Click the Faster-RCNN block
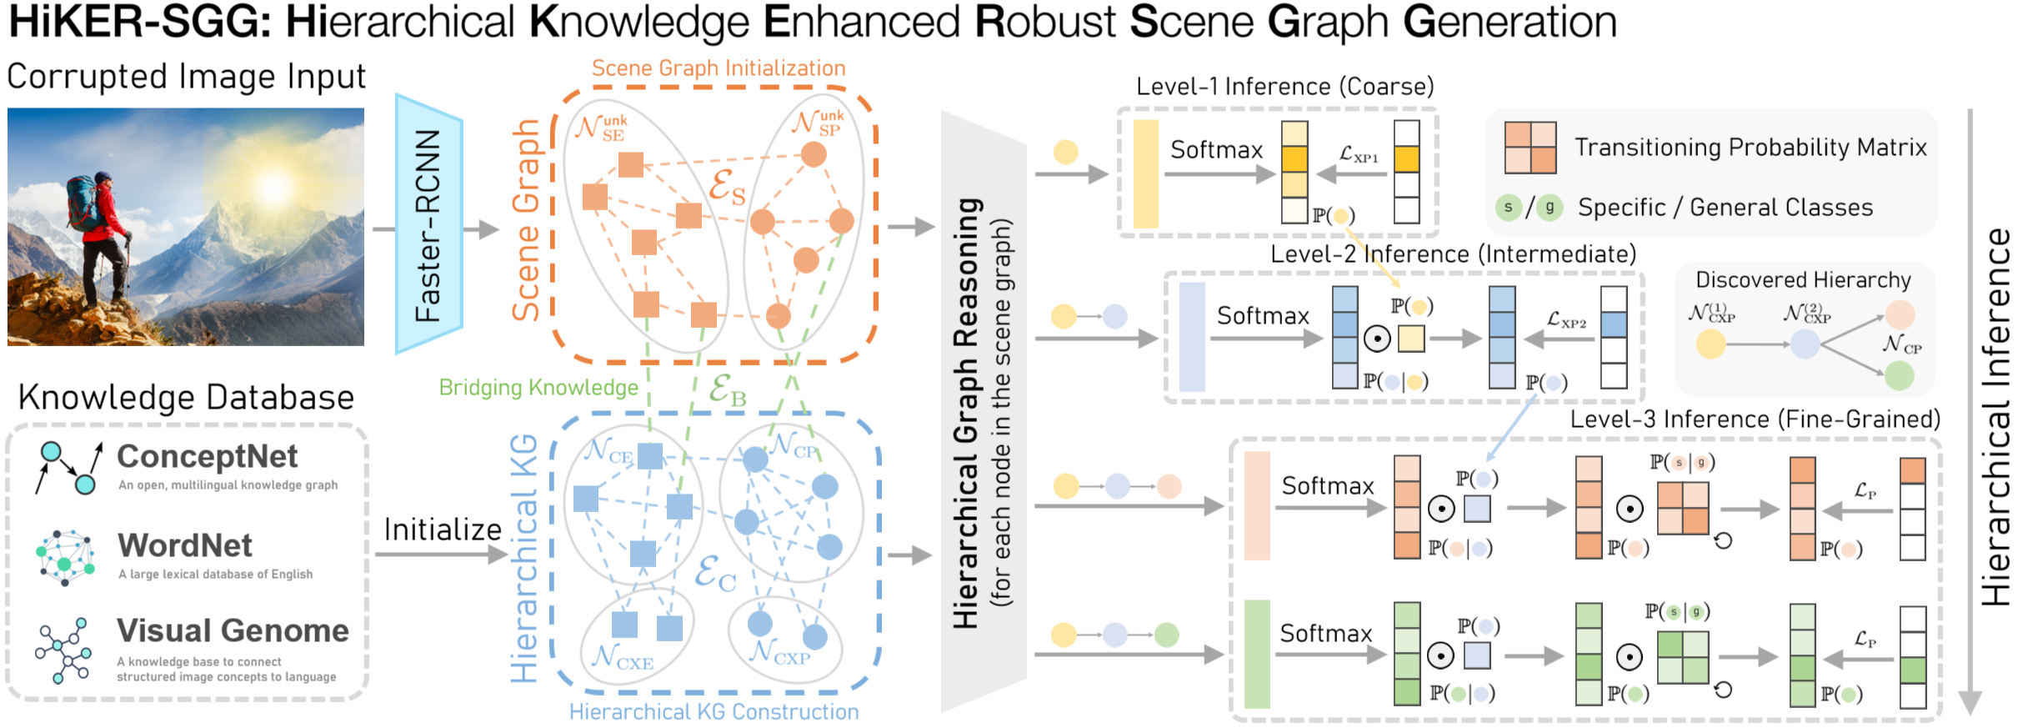428,224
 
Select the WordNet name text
185,545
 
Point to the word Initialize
443,530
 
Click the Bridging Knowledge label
538,388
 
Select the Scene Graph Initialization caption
719,68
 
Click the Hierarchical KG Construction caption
714,711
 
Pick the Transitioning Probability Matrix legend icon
1530,148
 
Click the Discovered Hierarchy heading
1803,280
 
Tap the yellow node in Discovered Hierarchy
1710,344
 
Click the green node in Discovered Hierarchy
1899,375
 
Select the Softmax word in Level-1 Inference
1216,150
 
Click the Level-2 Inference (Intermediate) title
1453,254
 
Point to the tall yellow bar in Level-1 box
1145,173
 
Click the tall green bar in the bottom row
1256,654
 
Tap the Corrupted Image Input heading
186,77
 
